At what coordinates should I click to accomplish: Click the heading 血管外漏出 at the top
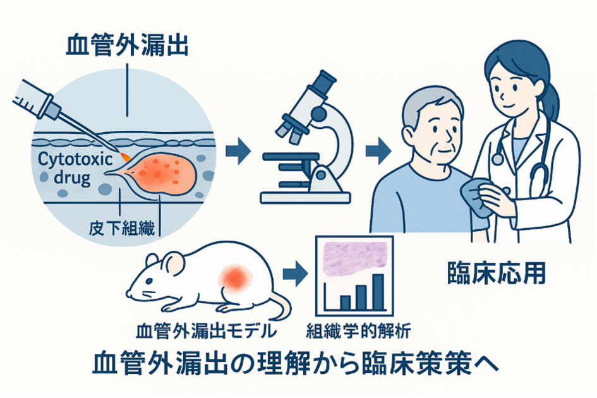tap(127, 45)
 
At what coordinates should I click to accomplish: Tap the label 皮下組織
tap(121, 229)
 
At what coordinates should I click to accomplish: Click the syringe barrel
tap(35, 99)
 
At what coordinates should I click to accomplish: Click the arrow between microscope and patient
tap(378, 151)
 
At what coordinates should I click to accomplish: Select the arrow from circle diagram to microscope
tap(238, 151)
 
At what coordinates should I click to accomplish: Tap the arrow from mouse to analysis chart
tap(295, 274)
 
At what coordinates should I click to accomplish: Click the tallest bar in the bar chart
tap(378, 292)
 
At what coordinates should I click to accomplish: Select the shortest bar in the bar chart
tap(346, 303)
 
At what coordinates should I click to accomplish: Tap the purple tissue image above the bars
tap(355, 260)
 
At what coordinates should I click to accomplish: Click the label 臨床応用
tap(497, 273)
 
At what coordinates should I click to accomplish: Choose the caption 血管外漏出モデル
tap(206, 330)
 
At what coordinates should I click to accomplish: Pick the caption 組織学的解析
tap(358, 330)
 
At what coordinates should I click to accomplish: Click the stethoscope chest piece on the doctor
tap(497, 158)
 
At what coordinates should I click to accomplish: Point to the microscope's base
tap(305, 197)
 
